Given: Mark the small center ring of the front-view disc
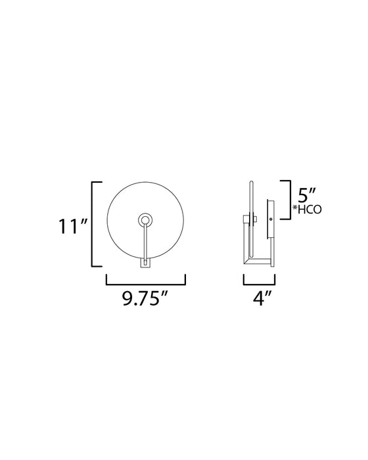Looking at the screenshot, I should [x=145, y=221].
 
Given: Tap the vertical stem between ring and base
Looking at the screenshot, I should [x=145, y=243].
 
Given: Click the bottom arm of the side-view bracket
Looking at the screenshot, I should [x=258, y=262].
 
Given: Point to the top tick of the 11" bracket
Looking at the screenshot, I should [x=97, y=181].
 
